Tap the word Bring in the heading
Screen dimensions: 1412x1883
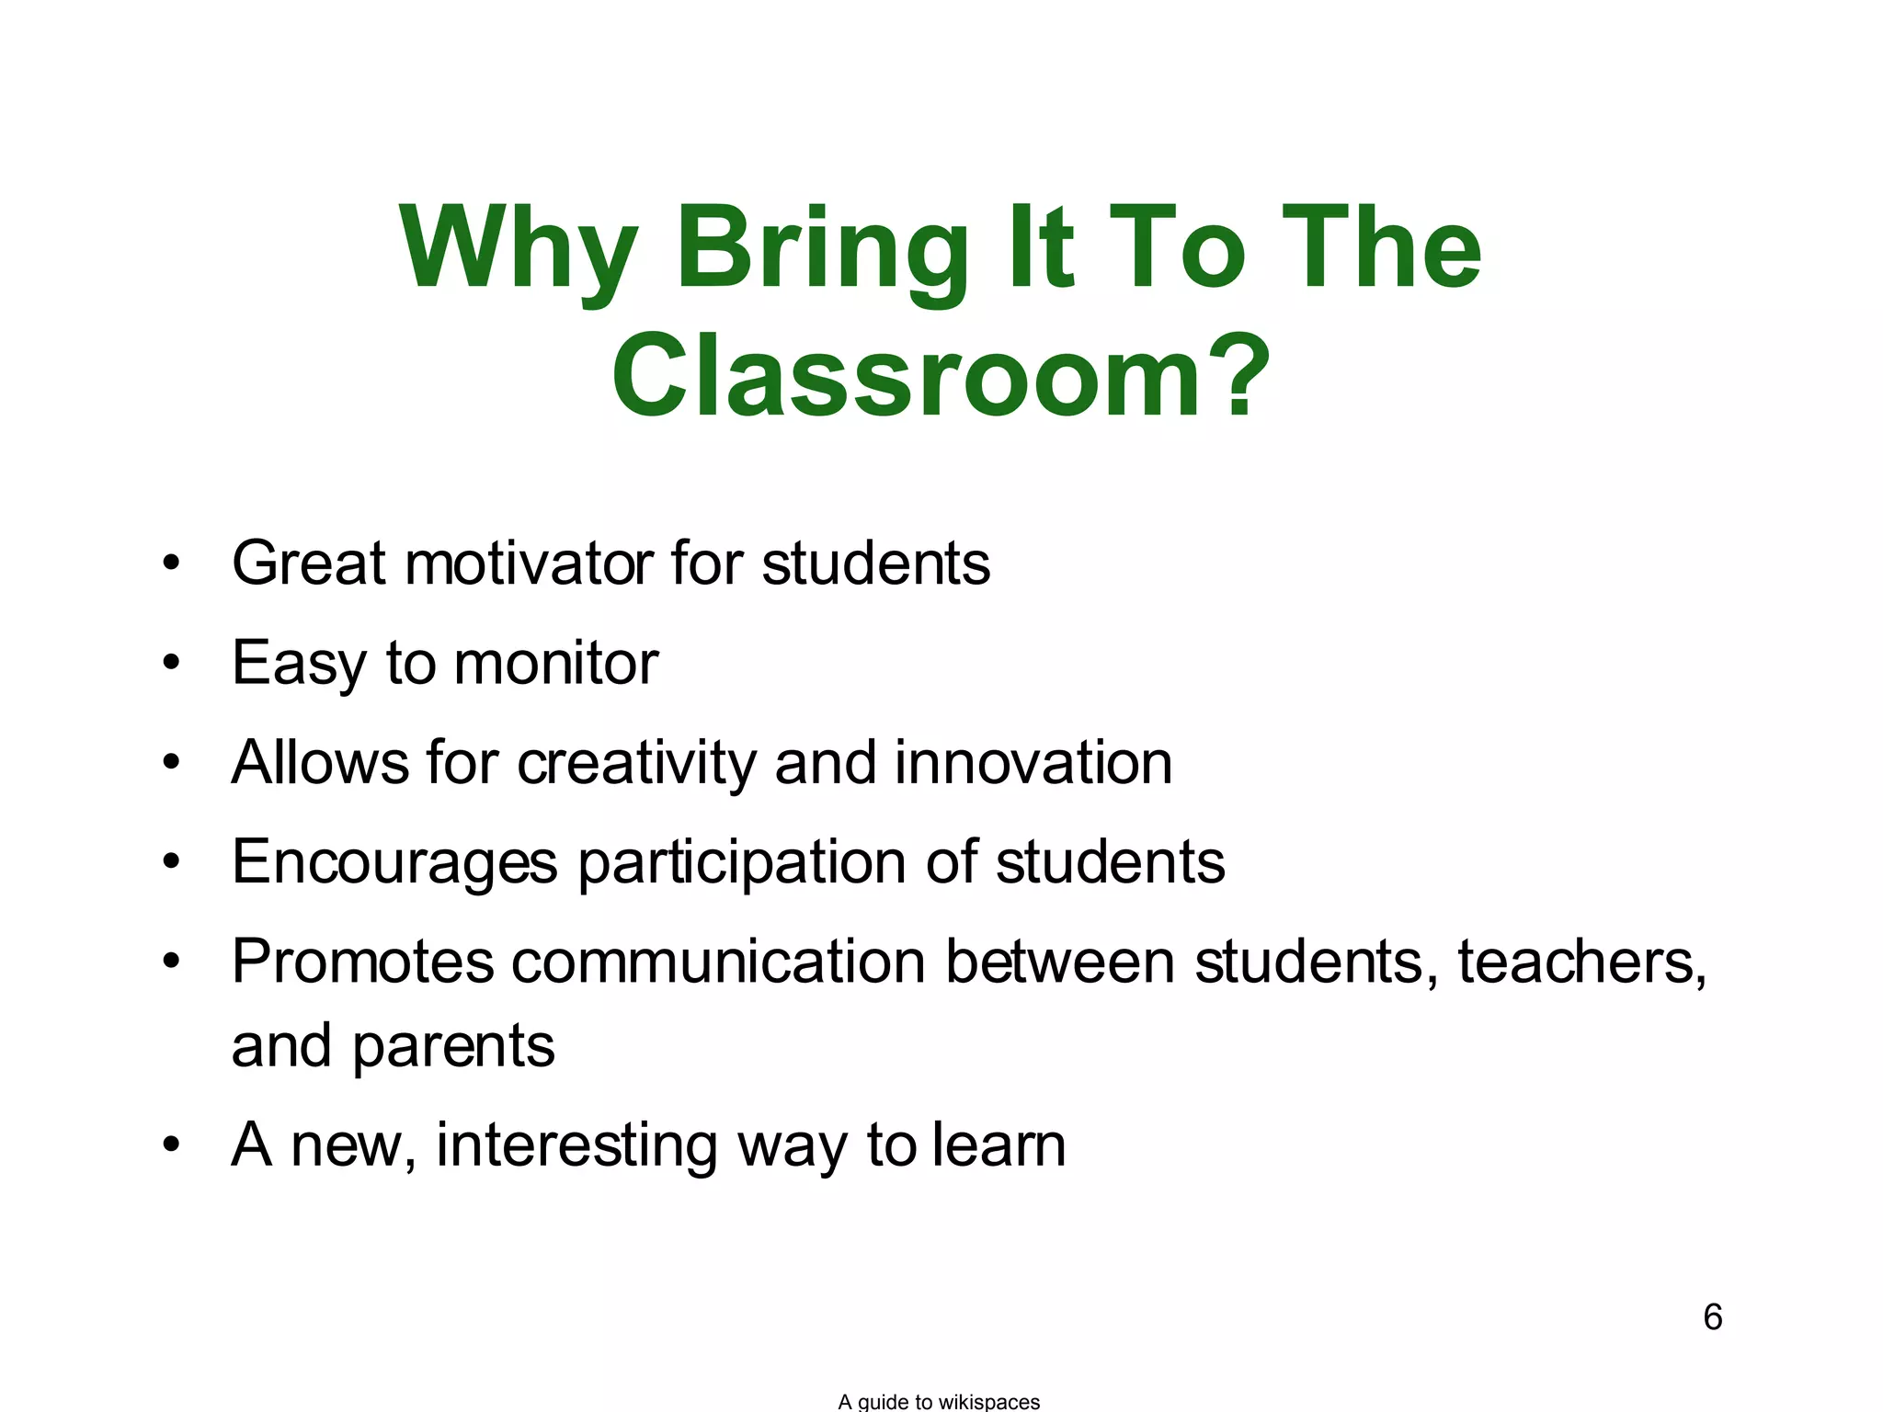(x=823, y=250)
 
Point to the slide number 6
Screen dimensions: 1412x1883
(x=1712, y=1317)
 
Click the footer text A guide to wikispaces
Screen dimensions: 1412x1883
(x=939, y=1401)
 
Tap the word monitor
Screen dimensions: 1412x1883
(x=556, y=663)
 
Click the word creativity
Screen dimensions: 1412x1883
(x=637, y=763)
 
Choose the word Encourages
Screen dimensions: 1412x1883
(x=394, y=862)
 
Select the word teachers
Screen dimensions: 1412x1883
(x=1581, y=962)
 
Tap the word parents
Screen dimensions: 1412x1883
(x=453, y=1046)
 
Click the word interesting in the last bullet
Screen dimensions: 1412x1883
(x=576, y=1145)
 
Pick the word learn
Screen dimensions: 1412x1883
(x=999, y=1145)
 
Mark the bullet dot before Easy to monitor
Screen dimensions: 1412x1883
(x=171, y=663)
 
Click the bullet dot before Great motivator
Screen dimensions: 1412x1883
(x=171, y=563)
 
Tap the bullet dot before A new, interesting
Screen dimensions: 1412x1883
(x=171, y=1145)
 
